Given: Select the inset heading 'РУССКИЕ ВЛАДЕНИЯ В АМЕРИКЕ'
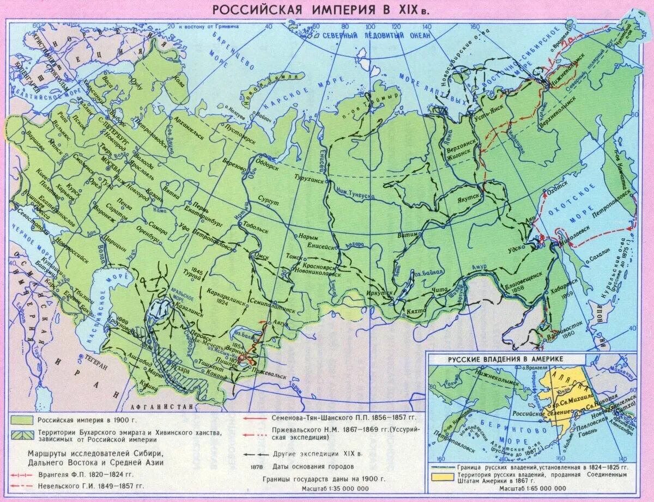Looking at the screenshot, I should [x=505, y=359].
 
